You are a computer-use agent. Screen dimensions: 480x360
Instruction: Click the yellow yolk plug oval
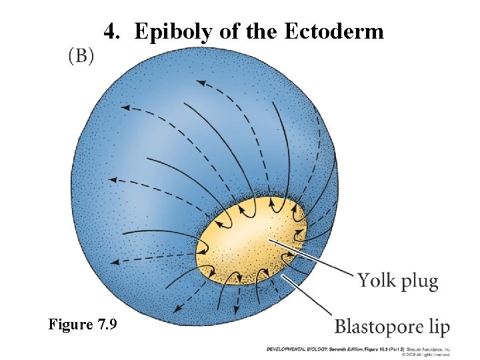point(247,240)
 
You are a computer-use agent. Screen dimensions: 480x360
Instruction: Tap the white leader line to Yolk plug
point(313,257)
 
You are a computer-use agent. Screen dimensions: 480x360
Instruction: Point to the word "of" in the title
point(229,31)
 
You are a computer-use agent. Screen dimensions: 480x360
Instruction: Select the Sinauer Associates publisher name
point(430,348)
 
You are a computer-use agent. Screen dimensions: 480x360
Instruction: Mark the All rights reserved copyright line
point(433,353)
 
